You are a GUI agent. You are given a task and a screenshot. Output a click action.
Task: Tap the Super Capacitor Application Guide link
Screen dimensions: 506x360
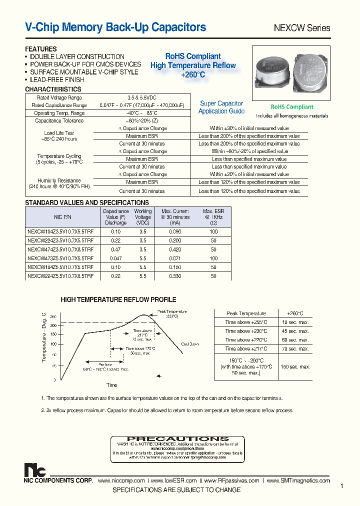(x=221, y=107)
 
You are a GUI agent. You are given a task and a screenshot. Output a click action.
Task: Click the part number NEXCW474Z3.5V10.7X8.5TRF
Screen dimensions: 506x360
(x=60, y=249)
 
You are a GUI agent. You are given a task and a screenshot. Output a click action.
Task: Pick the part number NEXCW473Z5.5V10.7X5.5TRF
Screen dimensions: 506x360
(x=60, y=258)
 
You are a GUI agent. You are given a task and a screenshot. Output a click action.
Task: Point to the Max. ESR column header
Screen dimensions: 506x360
(x=213, y=217)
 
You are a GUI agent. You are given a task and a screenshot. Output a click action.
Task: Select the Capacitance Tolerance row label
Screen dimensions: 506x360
(x=59, y=121)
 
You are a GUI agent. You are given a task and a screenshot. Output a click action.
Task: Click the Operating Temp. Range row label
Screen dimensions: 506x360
(x=59, y=113)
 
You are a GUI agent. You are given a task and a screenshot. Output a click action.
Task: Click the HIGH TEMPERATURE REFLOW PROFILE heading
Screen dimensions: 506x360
(x=118, y=300)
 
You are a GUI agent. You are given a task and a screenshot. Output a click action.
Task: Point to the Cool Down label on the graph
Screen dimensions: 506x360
(x=190, y=344)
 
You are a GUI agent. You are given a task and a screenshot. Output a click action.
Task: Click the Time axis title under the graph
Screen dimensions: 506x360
(x=111, y=385)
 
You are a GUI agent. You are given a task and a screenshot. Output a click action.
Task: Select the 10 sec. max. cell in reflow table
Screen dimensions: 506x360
(x=295, y=322)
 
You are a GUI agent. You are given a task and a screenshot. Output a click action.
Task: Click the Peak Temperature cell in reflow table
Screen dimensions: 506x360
(x=246, y=313)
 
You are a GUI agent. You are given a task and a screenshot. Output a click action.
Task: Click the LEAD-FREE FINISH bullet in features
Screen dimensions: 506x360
(x=57, y=79)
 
